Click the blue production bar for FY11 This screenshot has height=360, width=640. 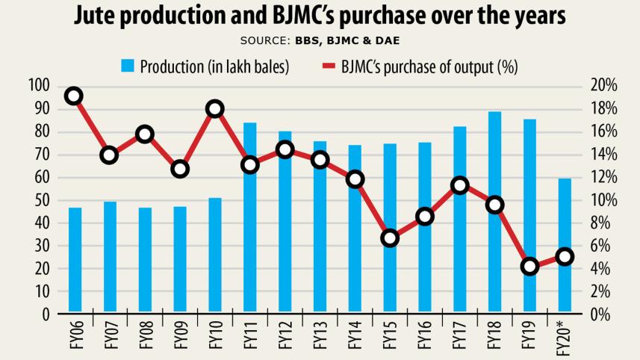pyautogui.click(x=250, y=217)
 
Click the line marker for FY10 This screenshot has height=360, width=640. pyautogui.click(x=215, y=109)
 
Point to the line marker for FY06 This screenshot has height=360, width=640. pyautogui.click(x=73, y=96)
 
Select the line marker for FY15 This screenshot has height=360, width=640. pyautogui.click(x=390, y=238)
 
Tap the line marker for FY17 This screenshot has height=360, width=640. pyautogui.click(x=460, y=186)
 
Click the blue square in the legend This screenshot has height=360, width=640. pyautogui.click(x=127, y=66)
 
